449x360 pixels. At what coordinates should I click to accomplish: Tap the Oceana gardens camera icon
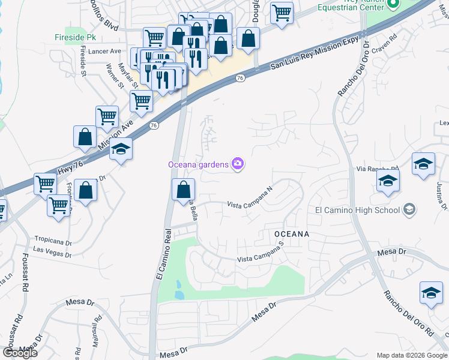[x=238, y=164]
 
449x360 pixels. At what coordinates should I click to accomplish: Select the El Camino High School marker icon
[x=409, y=210]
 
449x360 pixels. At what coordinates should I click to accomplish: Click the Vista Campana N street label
[x=250, y=205]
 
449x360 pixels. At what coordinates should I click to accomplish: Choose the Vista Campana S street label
[x=260, y=259]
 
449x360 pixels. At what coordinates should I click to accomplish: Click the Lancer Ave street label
[x=104, y=52]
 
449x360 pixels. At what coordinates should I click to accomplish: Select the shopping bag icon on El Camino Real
[x=183, y=190]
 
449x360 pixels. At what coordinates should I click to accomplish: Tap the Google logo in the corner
[x=20, y=353]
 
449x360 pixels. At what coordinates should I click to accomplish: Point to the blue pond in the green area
[x=178, y=290]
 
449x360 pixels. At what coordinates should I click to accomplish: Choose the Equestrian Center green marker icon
[x=393, y=5]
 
